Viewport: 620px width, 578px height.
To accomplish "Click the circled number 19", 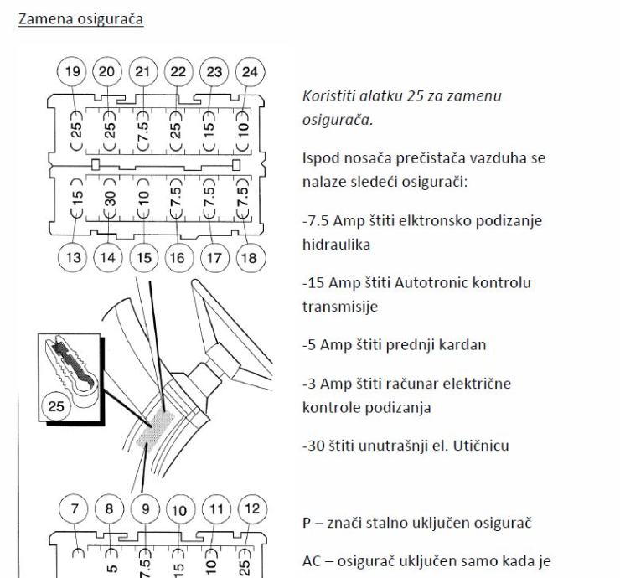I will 74,71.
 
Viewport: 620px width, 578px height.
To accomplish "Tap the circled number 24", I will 250,71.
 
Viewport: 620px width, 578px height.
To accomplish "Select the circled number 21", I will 144,71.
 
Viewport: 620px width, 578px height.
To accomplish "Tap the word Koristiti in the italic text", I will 327,96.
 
